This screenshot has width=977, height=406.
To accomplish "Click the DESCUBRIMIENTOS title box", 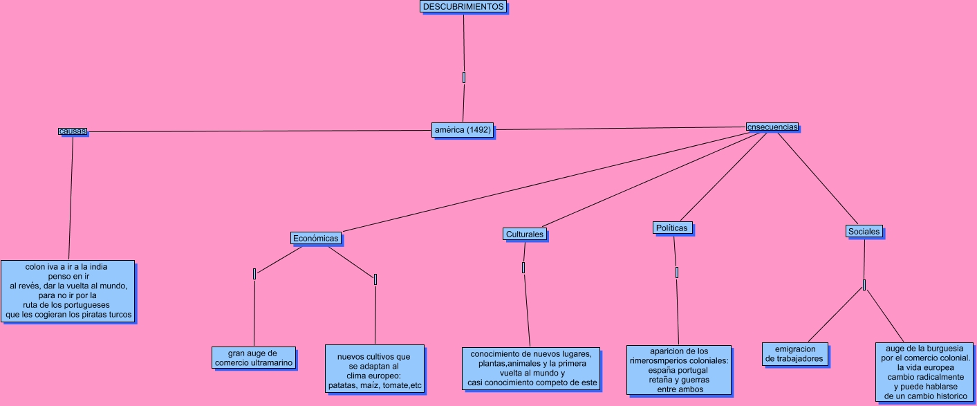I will tap(463, 7).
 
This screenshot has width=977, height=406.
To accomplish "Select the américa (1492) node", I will tap(462, 130).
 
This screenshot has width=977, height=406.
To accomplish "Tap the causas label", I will tap(73, 131).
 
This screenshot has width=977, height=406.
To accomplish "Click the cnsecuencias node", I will tap(772, 127).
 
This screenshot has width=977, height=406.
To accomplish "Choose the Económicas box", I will tap(316, 239).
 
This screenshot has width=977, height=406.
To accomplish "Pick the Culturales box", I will tap(525, 234).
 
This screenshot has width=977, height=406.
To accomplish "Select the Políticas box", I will tap(671, 228).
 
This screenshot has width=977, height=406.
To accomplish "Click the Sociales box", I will tap(864, 232).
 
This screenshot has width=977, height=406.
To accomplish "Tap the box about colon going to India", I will tap(68, 290).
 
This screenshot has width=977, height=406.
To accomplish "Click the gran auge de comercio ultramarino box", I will tap(254, 358).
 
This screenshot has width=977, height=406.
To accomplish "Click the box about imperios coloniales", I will tap(678, 370).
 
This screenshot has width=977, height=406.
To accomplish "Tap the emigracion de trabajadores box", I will tap(795, 354).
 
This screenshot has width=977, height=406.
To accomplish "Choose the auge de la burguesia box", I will tap(926, 372).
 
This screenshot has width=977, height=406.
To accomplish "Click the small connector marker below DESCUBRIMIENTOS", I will tap(464, 77).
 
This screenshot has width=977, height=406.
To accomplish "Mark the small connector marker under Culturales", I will tap(523, 268).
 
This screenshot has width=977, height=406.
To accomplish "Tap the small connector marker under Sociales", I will tap(864, 285).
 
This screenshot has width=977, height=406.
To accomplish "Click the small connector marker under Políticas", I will tap(677, 273).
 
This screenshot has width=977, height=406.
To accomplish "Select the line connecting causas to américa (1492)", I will tap(256, 131).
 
